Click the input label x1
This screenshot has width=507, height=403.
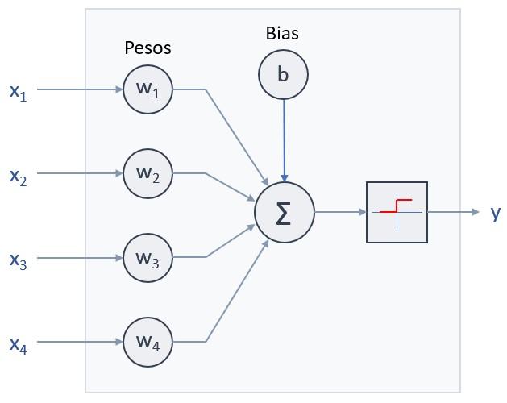click(18, 92)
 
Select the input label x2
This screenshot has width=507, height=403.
click(18, 177)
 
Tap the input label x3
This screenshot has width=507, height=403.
click(18, 260)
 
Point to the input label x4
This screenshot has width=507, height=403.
click(18, 345)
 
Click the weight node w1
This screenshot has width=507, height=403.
click(148, 89)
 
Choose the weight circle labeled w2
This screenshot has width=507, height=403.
click(148, 173)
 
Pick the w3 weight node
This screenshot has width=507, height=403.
click(148, 258)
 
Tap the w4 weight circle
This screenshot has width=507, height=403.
click(148, 342)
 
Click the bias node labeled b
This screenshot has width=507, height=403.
click(283, 74)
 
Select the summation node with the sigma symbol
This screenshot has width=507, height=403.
click(284, 213)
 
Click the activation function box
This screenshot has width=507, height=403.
click(397, 212)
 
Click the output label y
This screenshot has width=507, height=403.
click(496, 212)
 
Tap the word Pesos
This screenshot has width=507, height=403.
click(148, 48)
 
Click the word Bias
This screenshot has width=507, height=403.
click(282, 33)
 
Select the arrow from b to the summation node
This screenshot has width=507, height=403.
click(284, 137)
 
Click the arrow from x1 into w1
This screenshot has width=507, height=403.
click(81, 89)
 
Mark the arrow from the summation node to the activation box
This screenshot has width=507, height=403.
click(339, 212)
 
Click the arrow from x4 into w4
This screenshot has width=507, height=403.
click(81, 342)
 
